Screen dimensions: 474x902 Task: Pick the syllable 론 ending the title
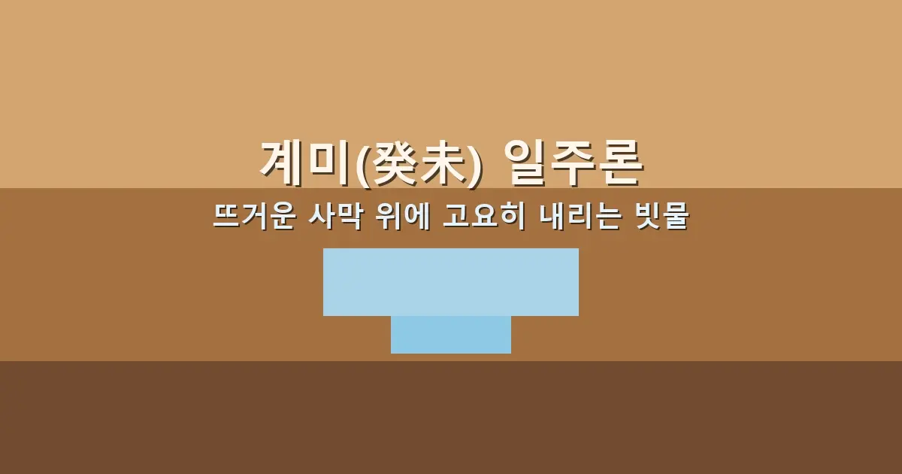coord(622,163)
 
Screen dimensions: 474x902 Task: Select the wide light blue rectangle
coord(451,281)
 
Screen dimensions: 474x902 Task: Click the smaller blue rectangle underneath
coord(451,335)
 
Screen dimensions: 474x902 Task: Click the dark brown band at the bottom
coord(451,418)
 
